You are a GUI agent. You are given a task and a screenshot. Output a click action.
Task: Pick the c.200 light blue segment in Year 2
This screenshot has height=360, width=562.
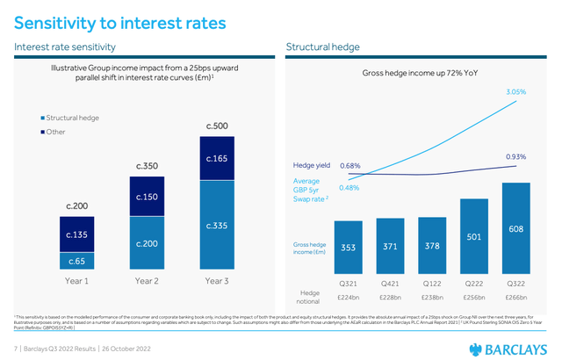[146, 242]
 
